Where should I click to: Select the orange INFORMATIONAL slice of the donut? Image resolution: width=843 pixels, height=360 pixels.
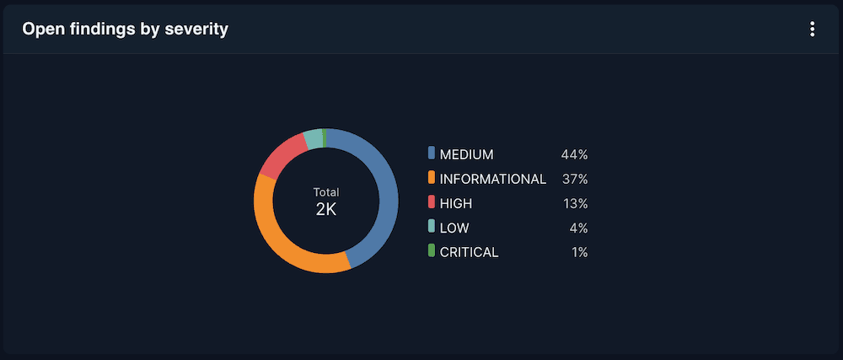click(x=278, y=240)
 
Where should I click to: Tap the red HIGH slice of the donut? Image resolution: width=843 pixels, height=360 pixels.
click(x=281, y=153)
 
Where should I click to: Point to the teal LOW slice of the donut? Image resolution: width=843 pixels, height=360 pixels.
click(x=313, y=138)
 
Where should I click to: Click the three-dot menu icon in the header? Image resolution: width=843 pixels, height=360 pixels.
click(x=812, y=30)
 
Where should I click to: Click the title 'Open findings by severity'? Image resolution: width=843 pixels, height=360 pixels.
click(x=126, y=30)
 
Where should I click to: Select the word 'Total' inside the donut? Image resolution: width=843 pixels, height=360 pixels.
click(x=326, y=192)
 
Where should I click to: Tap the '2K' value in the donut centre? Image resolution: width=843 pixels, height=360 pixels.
click(x=326, y=209)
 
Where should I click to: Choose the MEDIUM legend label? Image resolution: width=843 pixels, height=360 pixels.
click(x=466, y=154)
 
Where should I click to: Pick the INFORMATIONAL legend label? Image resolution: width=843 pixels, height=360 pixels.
click(x=493, y=179)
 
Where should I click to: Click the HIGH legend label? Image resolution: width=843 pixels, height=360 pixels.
click(x=456, y=203)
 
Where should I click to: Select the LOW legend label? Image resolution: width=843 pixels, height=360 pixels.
click(x=454, y=228)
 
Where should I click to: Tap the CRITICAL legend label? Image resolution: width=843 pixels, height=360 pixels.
click(x=470, y=252)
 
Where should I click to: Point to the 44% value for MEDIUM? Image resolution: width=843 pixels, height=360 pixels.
click(x=574, y=154)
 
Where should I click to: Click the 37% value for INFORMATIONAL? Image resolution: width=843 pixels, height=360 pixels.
click(x=574, y=179)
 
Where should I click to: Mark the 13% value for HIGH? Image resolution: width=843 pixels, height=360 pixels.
click(x=575, y=203)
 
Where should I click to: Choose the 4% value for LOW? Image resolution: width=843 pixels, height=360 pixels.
click(x=577, y=228)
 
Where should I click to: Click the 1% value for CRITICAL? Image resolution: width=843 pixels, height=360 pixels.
click(x=578, y=252)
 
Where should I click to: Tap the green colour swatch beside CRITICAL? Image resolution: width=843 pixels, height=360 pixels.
click(x=432, y=251)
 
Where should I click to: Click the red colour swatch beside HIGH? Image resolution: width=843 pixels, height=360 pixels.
click(x=432, y=202)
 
